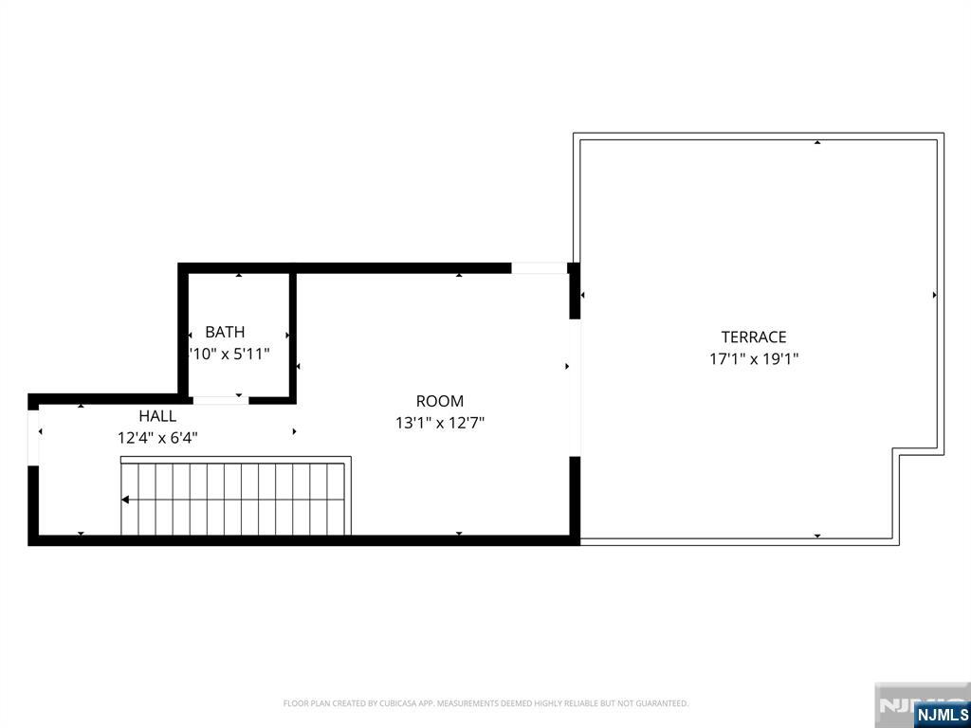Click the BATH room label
click(x=225, y=332)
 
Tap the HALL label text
click(x=157, y=415)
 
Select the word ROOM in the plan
click(x=440, y=401)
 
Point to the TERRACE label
click(x=754, y=337)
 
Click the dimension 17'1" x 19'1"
click(x=754, y=359)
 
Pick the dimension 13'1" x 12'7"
click(x=440, y=424)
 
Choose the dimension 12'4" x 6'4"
click(x=157, y=438)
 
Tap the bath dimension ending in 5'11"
click(x=230, y=354)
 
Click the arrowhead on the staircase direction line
click(x=126, y=499)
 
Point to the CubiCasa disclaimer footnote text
click(x=485, y=703)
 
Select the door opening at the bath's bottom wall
click(x=220, y=400)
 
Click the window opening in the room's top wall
click(x=539, y=268)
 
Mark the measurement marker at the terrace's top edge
click(x=817, y=142)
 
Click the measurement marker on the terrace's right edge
click(x=935, y=295)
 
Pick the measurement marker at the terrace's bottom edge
click(x=817, y=537)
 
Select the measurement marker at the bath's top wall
click(x=239, y=275)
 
